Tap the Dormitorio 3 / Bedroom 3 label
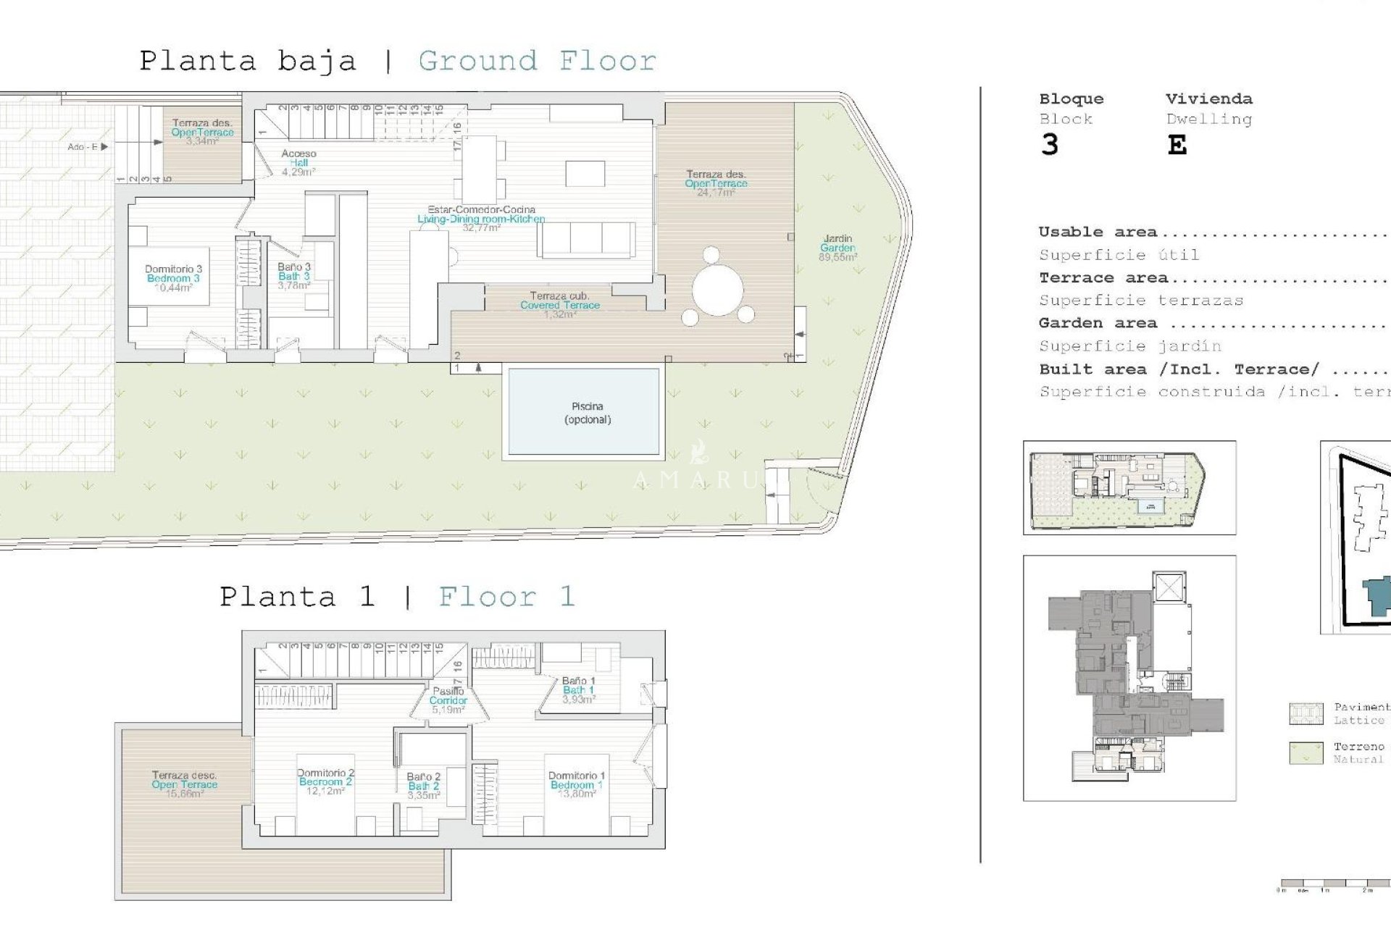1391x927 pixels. click(173, 278)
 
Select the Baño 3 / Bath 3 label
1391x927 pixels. click(293, 276)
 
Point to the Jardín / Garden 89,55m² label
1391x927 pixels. click(837, 248)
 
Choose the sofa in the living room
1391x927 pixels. click(586, 240)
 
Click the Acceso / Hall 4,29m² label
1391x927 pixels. click(298, 163)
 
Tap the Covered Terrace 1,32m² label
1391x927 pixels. click(559, 305)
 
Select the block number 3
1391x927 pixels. click(1049, 146)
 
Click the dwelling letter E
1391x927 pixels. click(1177, 146)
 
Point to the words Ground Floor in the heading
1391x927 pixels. click(537, 61)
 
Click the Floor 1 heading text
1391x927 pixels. click(506, 597)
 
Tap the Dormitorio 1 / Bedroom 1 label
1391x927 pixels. click(576, 784)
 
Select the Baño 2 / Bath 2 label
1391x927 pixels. click(423, 786)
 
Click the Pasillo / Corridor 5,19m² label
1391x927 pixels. click(448, 700)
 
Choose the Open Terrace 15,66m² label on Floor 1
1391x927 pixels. click(184, 784)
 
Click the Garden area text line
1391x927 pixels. click(1097, 323)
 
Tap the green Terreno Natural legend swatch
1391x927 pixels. click(1306, 752)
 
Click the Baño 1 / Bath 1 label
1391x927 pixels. click(578, 690)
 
